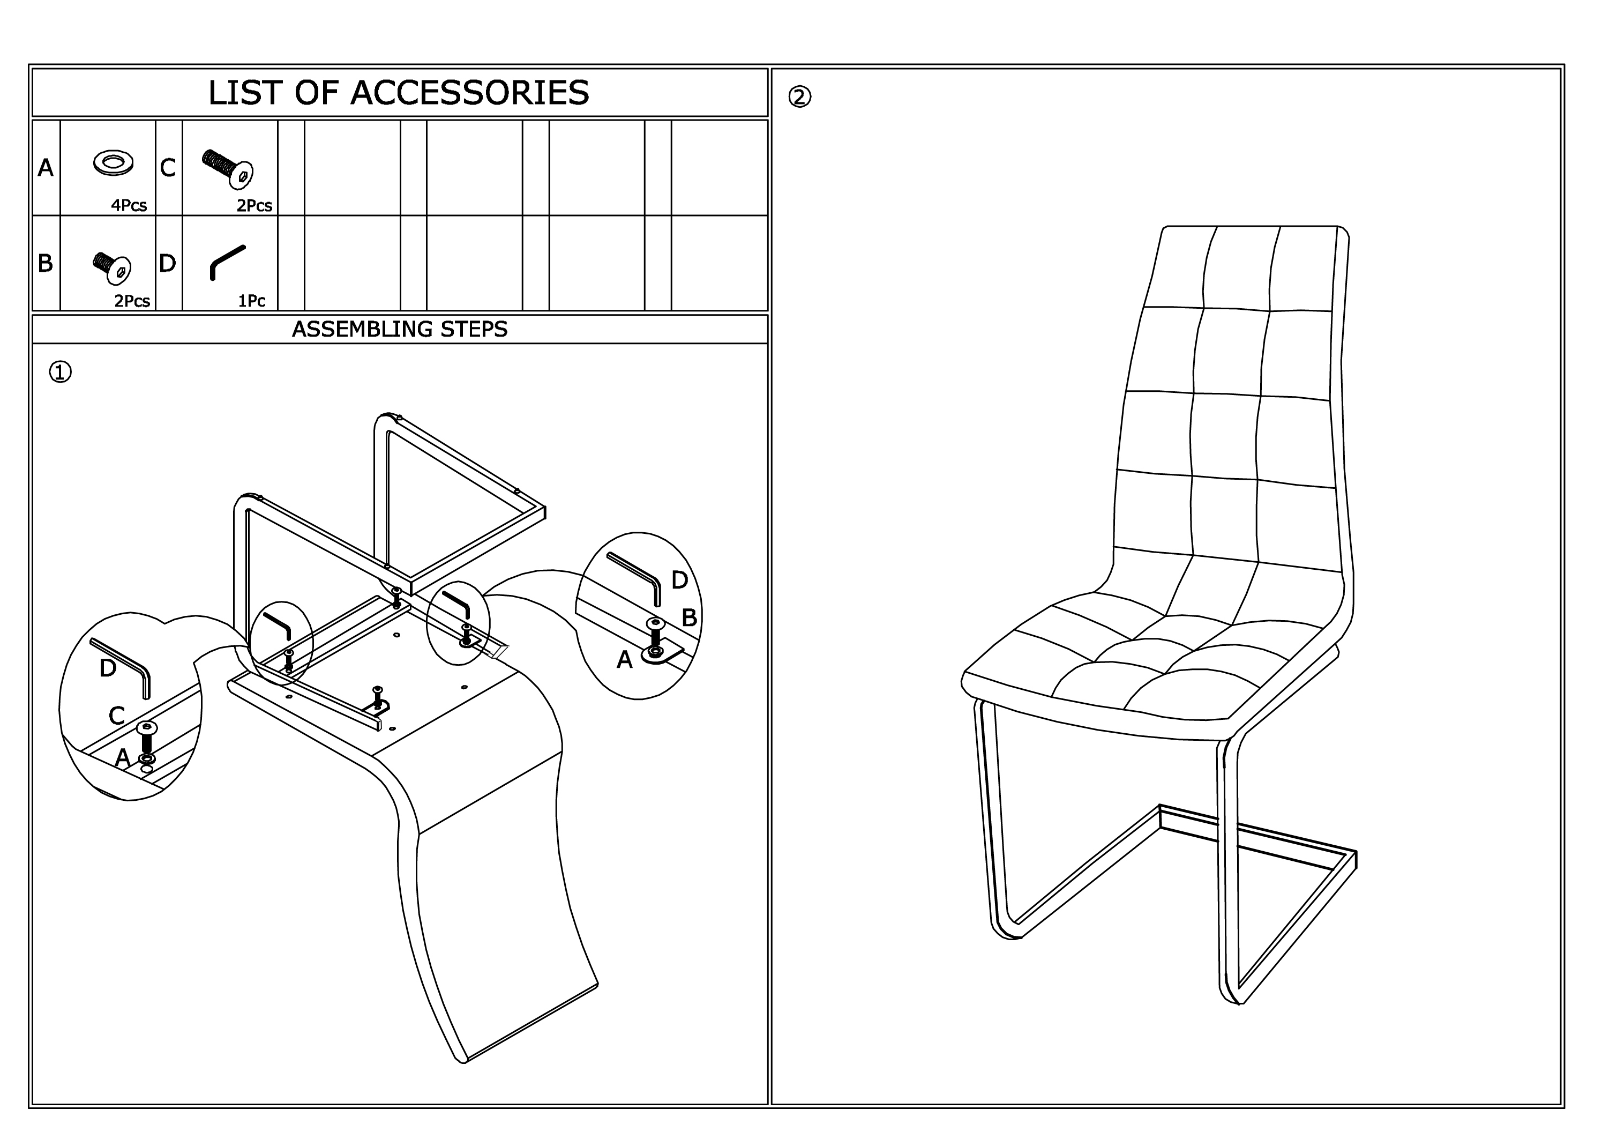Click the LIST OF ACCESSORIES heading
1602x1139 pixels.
(399, 93)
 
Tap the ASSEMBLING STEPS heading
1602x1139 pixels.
(400, 329)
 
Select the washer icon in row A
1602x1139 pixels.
(114, 163)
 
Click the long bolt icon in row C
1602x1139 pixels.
(228, 169)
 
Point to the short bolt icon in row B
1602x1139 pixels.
(112, 269)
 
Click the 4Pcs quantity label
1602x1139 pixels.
(129, 205)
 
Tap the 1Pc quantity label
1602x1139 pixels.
(252, 301)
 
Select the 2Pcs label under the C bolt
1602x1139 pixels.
(254, 205)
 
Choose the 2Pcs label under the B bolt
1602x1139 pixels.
(132, 301)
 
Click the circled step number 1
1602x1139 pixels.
(61, 372)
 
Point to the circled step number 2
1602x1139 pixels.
(800, 97)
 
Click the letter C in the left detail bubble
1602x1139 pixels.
(117, 716)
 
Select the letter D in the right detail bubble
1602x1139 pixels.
(679, 580)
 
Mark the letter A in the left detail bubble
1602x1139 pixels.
(123, 757)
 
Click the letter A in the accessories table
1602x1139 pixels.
(46, 168)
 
